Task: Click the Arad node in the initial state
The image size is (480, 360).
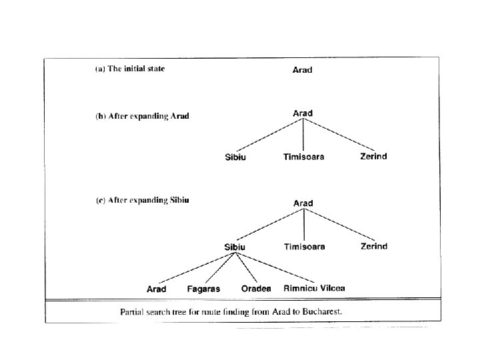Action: (x=303, y=69)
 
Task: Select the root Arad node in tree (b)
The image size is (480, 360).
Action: (x=303, y=113)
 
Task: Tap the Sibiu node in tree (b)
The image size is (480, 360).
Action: (x=235, y=158)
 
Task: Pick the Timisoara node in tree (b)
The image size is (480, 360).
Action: (x=304, y=157)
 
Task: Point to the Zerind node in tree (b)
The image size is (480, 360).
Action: (x=373, y=157)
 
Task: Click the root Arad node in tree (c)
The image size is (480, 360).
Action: (x=303, y=203)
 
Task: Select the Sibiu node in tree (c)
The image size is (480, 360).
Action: (x=235, y=247)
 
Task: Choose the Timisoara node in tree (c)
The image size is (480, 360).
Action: (x=305, y=247)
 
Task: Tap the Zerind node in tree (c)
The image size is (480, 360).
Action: (x=374, y=246)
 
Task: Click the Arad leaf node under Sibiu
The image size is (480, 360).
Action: (x=157, y=289)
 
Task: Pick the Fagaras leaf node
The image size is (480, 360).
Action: (x=203, y=289)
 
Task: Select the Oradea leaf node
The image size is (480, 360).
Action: (x=256, y=289)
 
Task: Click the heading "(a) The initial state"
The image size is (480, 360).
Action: (x=129, y=69)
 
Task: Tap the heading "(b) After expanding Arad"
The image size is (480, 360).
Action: (x=142, y=115)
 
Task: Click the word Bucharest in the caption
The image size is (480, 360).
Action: (x=322, y=311)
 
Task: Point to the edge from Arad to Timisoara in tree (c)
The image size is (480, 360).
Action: (x=304, y=225)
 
